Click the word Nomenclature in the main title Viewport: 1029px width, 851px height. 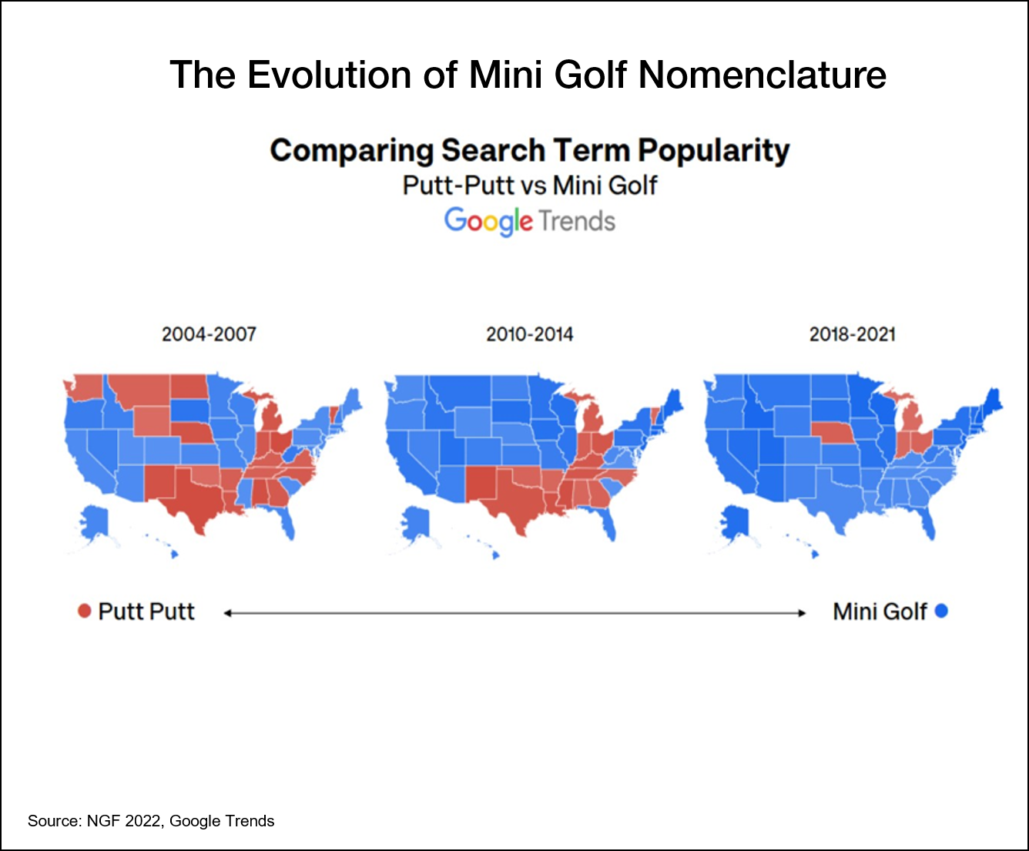pos(763,75)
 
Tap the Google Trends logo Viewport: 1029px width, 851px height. pos(530,221)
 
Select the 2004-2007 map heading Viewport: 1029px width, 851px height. pos(209,334)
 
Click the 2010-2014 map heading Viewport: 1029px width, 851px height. pos(530,334)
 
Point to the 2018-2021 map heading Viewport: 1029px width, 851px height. pos(853,334)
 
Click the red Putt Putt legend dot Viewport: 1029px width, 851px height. pos(85,611)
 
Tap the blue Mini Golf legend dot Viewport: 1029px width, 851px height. pos(941,611)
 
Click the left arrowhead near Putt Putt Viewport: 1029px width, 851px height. pos(228,613)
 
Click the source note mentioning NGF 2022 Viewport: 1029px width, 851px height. pos(151,821)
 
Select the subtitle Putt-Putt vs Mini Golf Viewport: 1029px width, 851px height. pos(530,186)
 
